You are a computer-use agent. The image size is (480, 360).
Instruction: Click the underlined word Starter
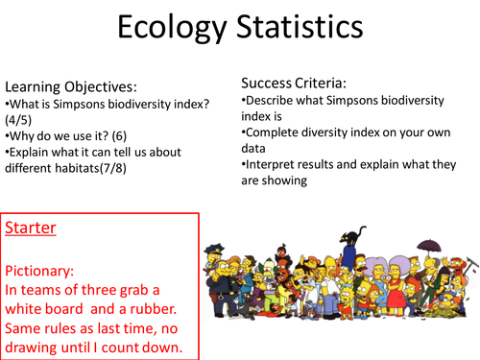click(30, 229)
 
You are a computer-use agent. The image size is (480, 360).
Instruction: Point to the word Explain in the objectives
click(30, 154)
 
